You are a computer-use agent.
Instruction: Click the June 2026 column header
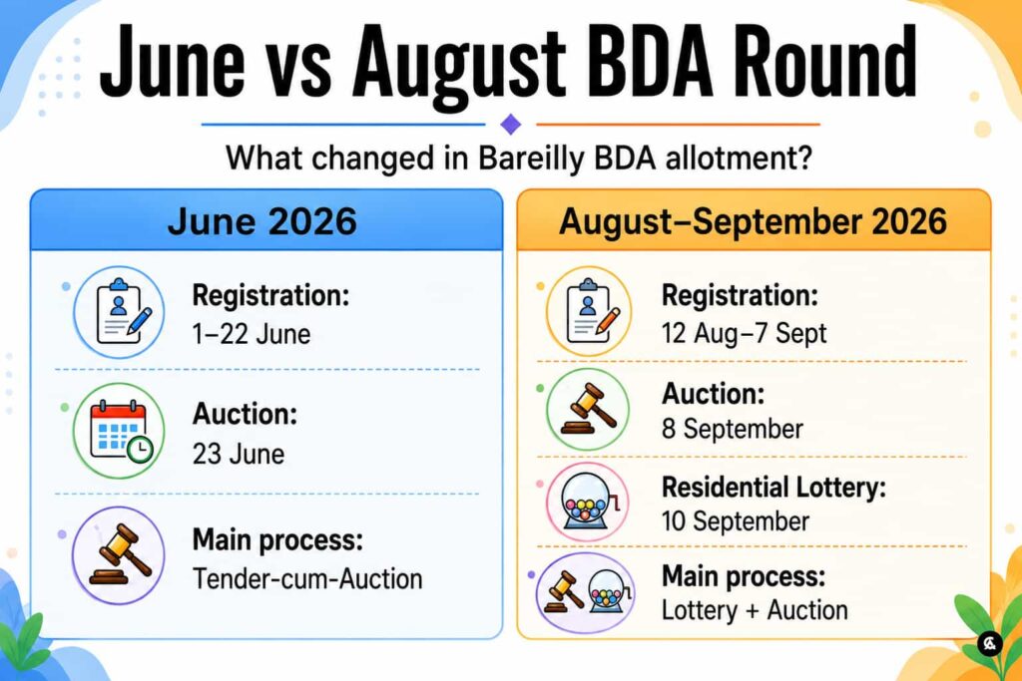click(262, 220)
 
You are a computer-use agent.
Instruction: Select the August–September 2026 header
click(753, 221)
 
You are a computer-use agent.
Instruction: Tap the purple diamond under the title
click(510, 124)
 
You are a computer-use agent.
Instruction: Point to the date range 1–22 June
click(251, 335)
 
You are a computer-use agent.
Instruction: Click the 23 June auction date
click(238, 454)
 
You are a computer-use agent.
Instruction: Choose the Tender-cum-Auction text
click(307, 578)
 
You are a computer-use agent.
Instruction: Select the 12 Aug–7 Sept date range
click(744, 333)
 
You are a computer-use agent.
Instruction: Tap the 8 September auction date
click(732, 429)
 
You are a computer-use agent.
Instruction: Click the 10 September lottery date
click(736, 521)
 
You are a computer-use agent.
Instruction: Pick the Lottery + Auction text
click(755, 610)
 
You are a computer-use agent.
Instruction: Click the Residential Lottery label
click(773, 488)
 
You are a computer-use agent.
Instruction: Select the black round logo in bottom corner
click(989, 644)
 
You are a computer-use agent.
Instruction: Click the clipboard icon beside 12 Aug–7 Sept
click(589, 311)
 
